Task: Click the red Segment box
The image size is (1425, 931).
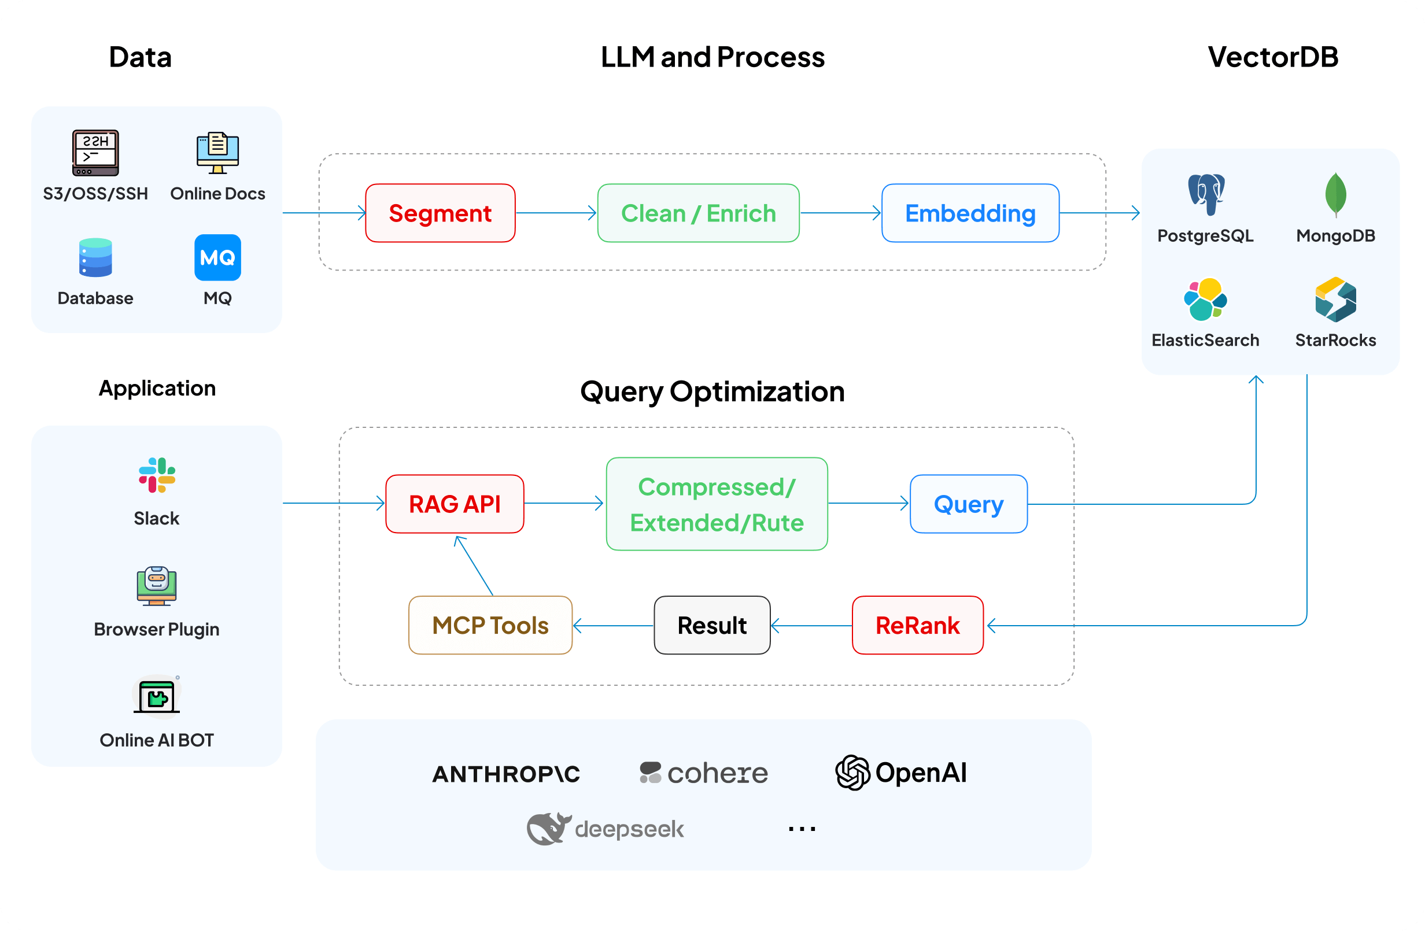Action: click(440, 213)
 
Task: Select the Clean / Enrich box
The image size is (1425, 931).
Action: click(698, 213)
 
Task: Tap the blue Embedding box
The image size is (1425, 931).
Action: click(970, 213)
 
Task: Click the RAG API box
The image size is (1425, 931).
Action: click(455, 504)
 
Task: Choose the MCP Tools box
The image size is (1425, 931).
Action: click(490, 625)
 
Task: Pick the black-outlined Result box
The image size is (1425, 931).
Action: click(712, 625)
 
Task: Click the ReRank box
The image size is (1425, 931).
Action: click(917, 625)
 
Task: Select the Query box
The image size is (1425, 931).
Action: click(968, 504)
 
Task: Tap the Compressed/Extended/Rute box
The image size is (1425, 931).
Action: click(717, 504)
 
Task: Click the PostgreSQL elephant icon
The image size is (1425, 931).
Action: click(1206, 194)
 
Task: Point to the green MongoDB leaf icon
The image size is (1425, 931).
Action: click(1336, 194)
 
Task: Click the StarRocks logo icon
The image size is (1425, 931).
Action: click(1336, 300)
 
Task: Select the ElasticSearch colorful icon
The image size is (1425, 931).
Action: click(1205, 300)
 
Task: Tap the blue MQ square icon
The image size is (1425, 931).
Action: click(217, 257)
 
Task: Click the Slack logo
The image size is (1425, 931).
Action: click(157, 475)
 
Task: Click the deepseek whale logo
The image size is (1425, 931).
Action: click(548, 829)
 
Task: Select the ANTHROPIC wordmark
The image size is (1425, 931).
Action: click(506, 774)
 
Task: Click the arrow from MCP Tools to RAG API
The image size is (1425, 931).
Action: click(474, 566)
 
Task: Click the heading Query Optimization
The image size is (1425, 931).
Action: click(712, 391)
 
